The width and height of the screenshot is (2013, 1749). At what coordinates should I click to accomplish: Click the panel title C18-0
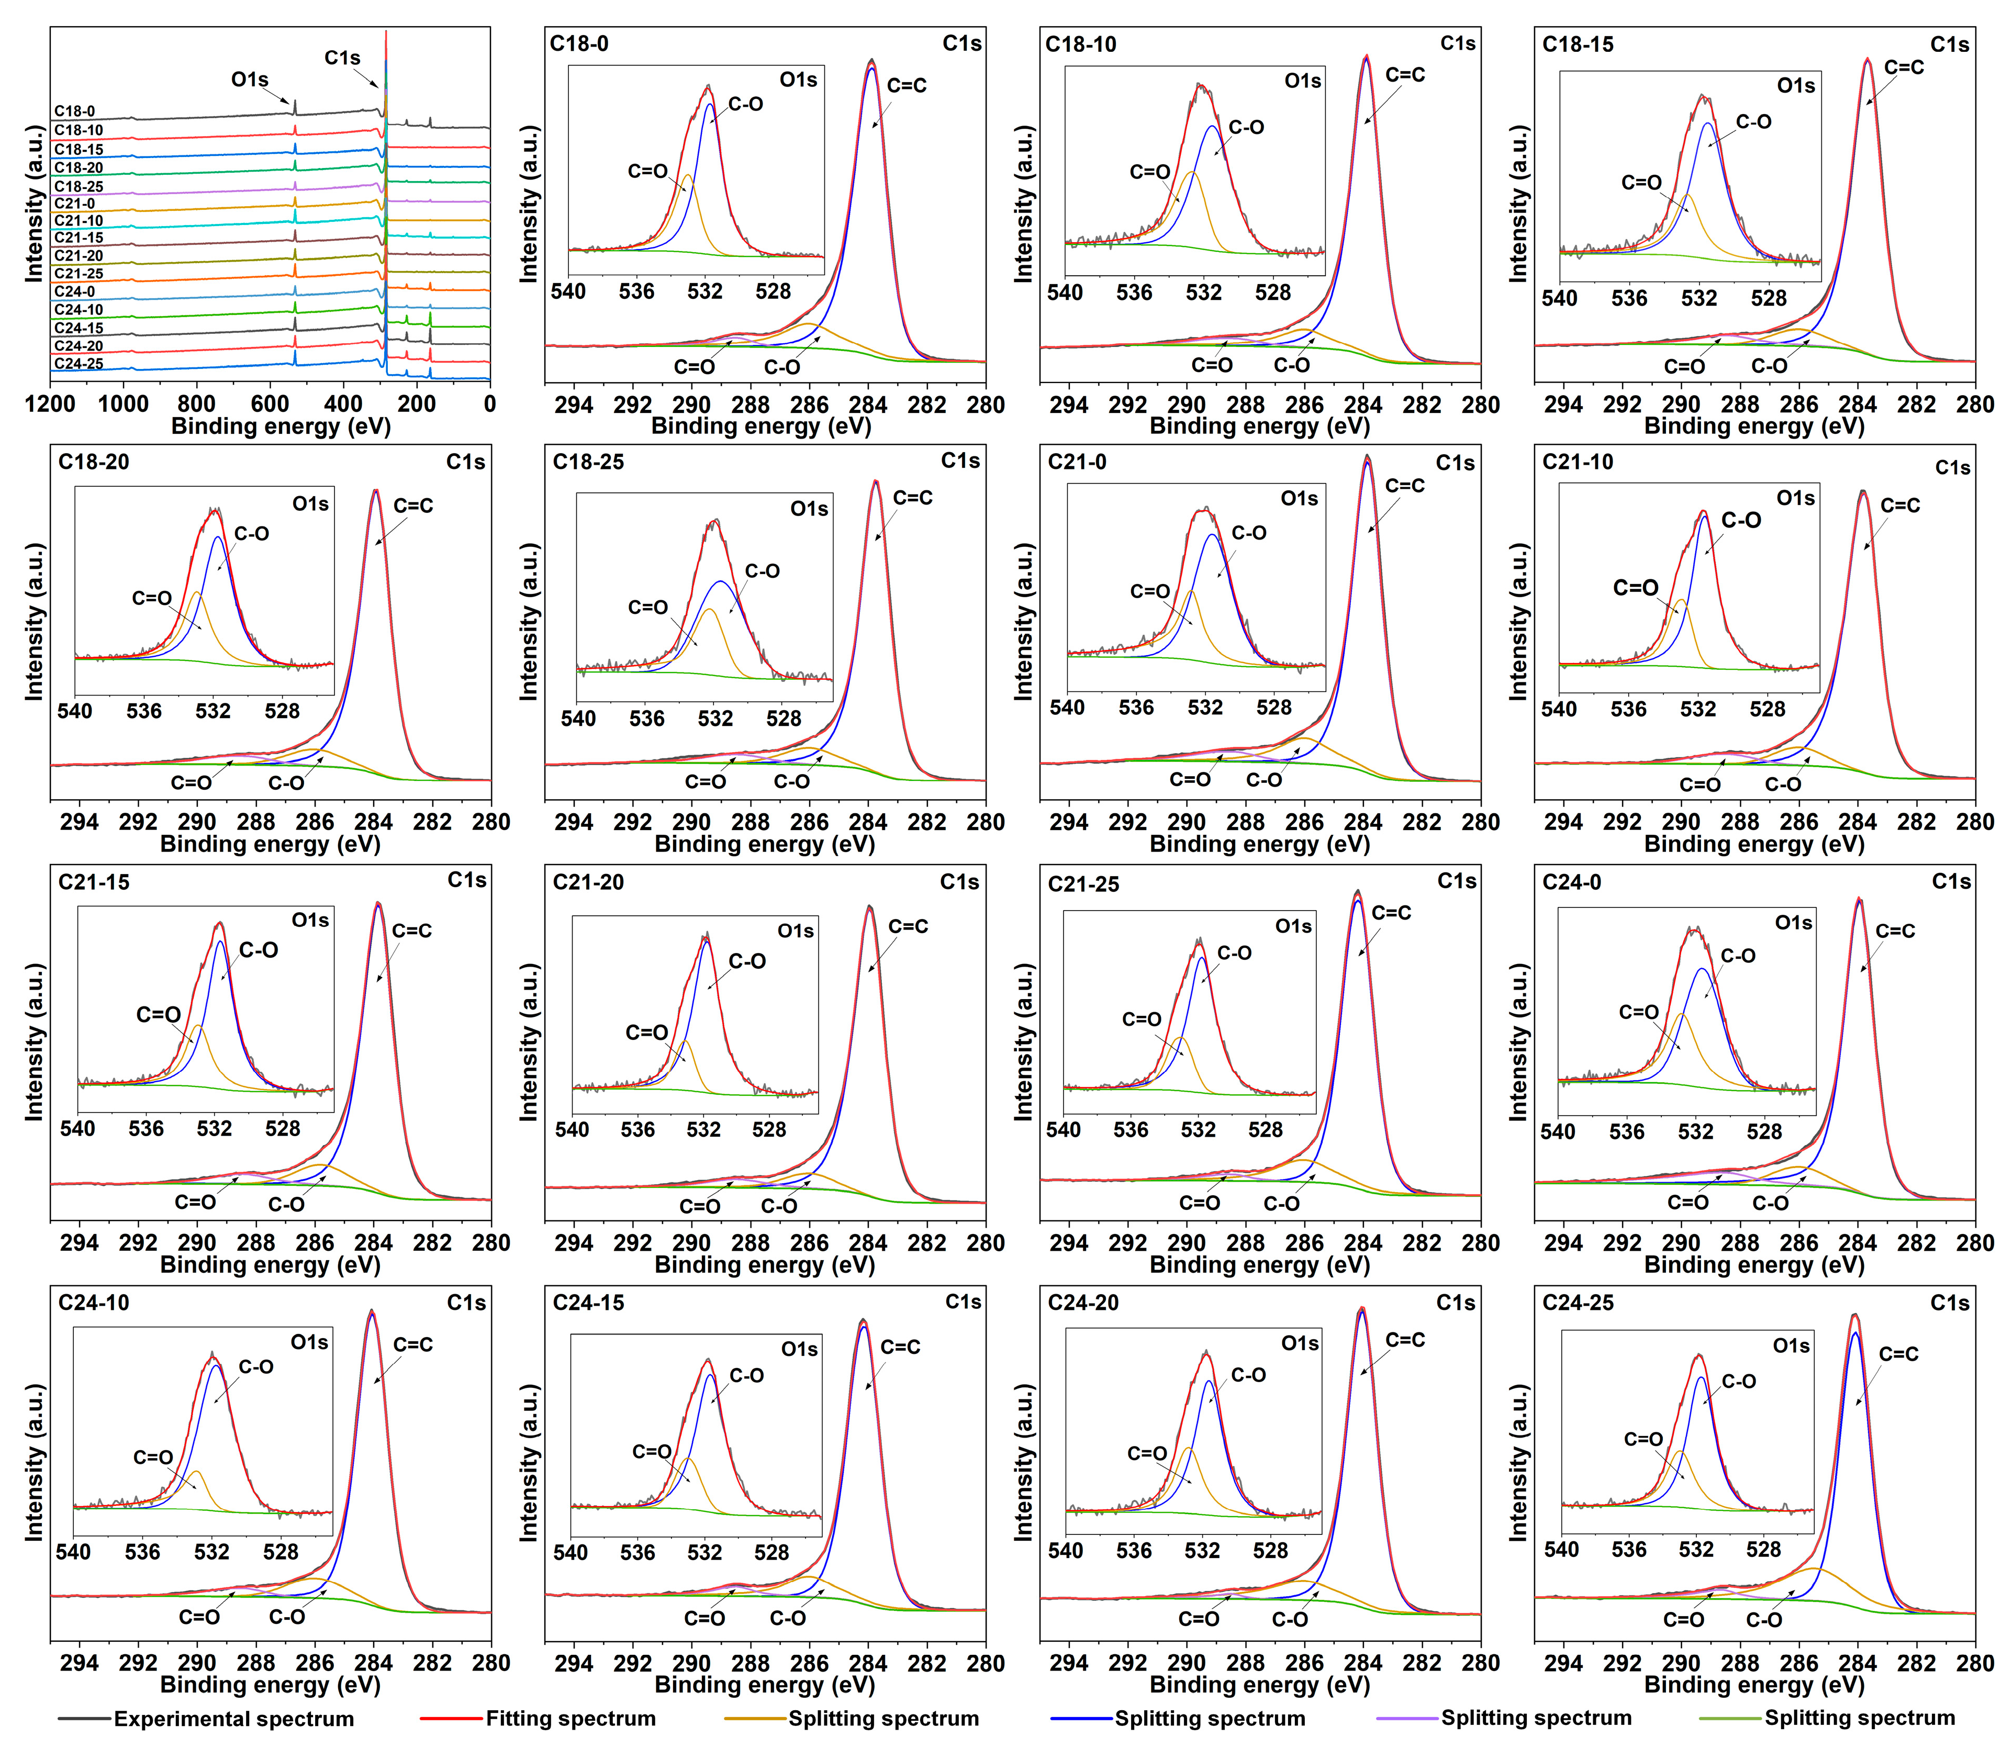coord(579,44)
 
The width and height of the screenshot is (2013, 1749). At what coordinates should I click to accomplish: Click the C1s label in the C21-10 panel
coord(1952,467)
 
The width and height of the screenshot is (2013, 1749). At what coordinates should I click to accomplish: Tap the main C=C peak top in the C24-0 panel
coord(1859,900)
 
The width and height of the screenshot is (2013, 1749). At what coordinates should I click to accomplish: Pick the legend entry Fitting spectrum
coord(570,1719)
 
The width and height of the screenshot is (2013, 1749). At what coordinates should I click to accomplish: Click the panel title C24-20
coord(1082,1303)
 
